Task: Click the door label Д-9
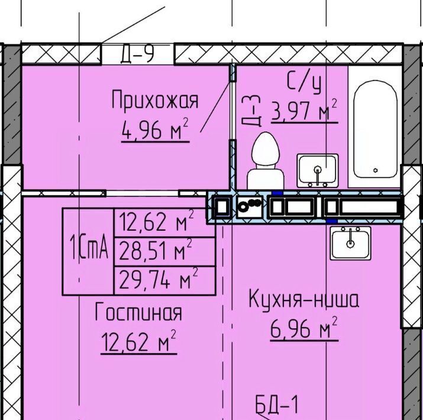tap(138, 53)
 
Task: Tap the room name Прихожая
tap(155, 100)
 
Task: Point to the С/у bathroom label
tap(305, 82)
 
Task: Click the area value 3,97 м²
tap(305, 111)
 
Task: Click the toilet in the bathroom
tap(266, 161)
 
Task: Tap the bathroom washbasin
tap(318, 171)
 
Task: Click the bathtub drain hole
tap(376, 170)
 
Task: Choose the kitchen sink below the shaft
tap(350, 243)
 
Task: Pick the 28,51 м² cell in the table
tap(156, 251)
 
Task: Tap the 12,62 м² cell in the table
tap(156, 222)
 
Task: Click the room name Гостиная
tap(138, 311)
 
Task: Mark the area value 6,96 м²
tap(304, 328)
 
